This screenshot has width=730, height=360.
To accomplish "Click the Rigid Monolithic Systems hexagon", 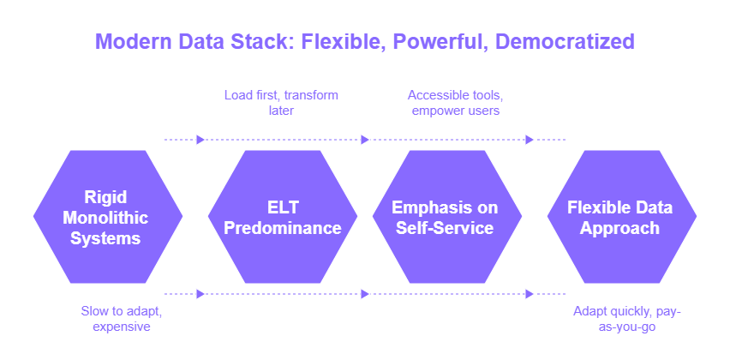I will click(107, 218).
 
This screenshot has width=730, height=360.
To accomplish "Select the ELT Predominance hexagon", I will click(282, 218).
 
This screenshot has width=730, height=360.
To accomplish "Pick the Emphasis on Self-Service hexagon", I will click(445, 218).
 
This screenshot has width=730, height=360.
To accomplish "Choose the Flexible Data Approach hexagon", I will click(620, 218).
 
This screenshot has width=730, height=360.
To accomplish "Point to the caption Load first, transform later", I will click(281, 102).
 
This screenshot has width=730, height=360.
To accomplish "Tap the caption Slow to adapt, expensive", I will click(121, 318).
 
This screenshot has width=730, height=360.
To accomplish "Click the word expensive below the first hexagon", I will click(121, 326).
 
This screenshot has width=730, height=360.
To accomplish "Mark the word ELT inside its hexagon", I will click(282, 207).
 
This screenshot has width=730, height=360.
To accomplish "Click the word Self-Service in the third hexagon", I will click(445, 228).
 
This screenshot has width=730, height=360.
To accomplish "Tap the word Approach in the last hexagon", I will click(620, 228).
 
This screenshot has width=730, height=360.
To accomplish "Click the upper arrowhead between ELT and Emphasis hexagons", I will click(365, 140).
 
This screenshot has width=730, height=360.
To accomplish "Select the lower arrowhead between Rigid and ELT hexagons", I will click(200, 294).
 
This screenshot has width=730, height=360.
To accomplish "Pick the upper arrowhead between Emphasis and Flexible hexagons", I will click(530, 140).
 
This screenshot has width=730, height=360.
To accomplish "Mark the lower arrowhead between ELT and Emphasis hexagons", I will click(365, 294).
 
